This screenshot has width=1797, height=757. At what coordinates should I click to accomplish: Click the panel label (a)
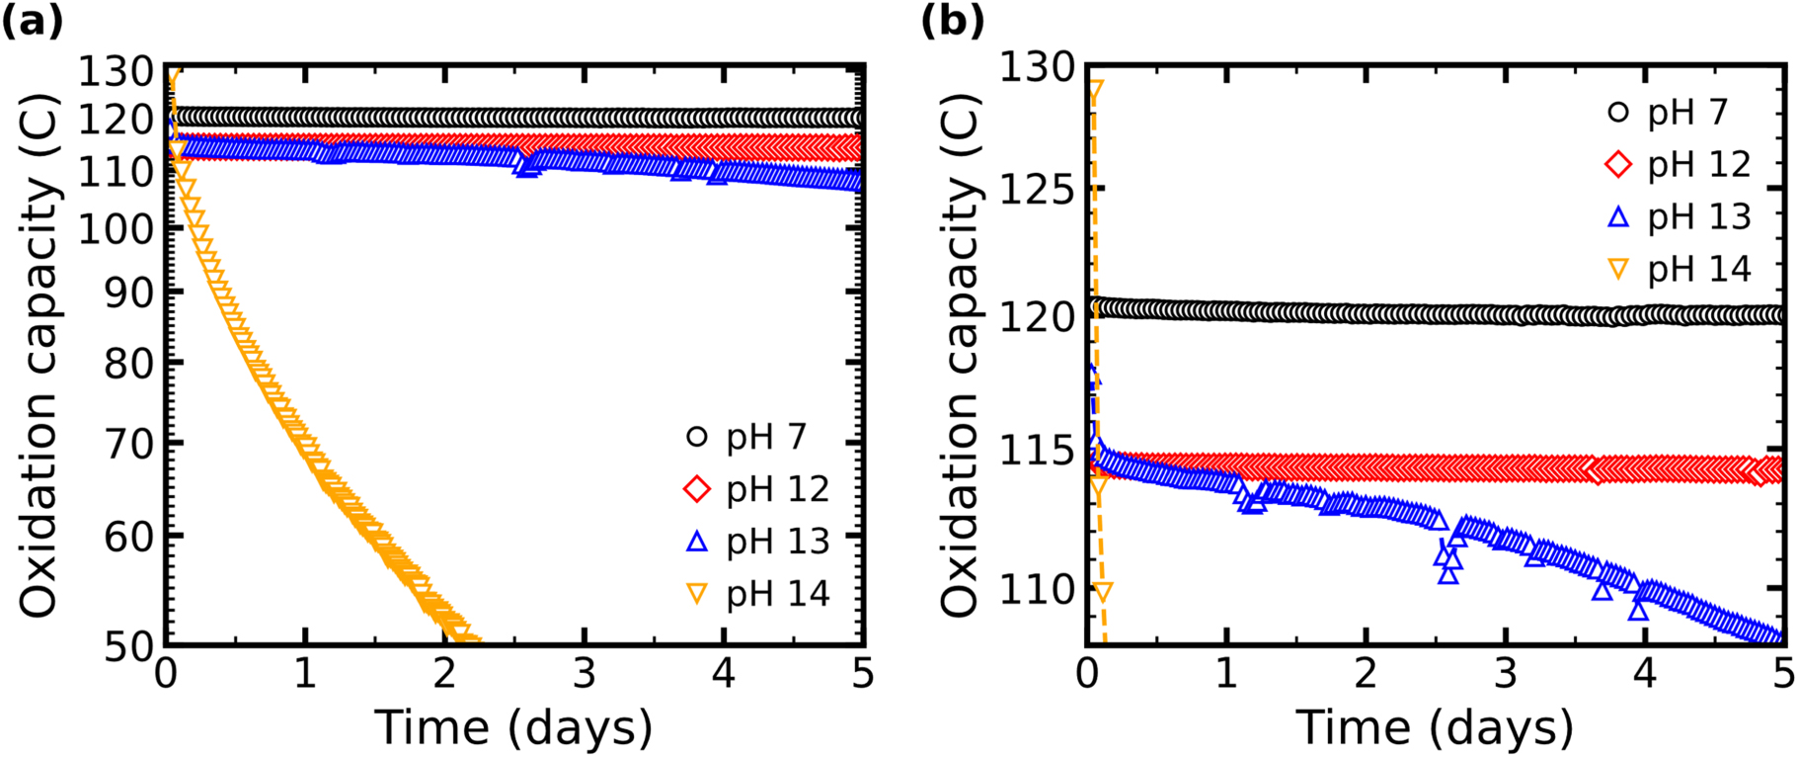[32, 21]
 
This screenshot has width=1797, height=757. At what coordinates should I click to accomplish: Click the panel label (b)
[952, 21]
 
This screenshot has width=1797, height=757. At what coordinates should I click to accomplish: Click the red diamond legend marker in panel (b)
[1618, 164]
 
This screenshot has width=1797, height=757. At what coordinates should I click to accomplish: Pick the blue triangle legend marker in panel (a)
[697, 541]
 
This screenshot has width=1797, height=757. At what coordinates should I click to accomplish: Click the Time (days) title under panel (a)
[513, 727]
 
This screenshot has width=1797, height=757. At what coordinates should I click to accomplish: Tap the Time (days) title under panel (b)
[1435, 727]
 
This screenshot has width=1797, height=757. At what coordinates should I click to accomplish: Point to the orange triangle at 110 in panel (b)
[1103, 592]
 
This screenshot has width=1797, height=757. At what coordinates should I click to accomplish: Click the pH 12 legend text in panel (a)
[778, 489]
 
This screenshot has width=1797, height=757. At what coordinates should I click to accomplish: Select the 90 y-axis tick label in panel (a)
[130, 292]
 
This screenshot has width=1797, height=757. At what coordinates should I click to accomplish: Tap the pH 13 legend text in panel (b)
[1699, 216]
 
